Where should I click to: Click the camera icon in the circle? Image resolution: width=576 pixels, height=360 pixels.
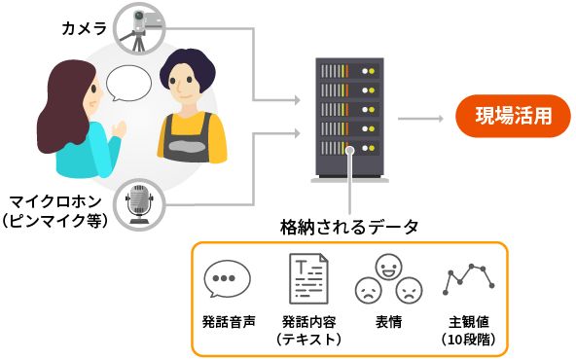(141, 26)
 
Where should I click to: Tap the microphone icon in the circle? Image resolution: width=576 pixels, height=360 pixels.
(137, 205)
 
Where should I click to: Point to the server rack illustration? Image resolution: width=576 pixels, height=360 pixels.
(347, 118)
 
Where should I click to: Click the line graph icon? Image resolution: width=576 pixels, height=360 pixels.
(467, 280)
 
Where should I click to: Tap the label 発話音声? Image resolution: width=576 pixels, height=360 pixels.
(227, 320)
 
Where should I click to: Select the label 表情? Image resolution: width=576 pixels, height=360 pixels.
(387, 320)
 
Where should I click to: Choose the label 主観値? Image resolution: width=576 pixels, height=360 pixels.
(468, 320)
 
